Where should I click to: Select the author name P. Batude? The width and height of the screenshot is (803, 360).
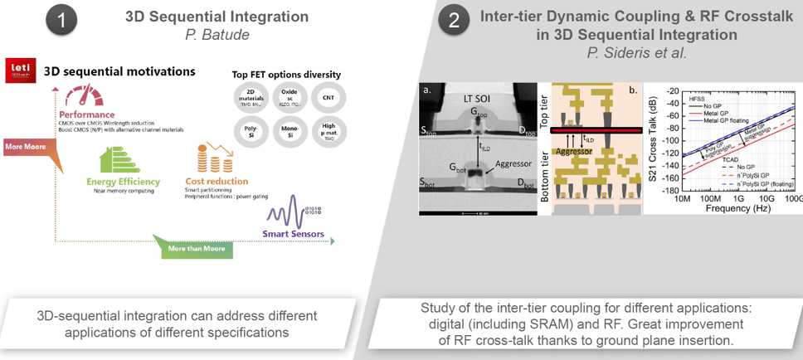point(217,35)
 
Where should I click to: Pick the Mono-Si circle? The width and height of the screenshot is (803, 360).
point(288,134)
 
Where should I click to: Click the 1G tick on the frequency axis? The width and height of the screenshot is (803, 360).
point(737,199)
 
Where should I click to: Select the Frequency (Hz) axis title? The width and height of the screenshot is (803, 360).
point(737,208)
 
